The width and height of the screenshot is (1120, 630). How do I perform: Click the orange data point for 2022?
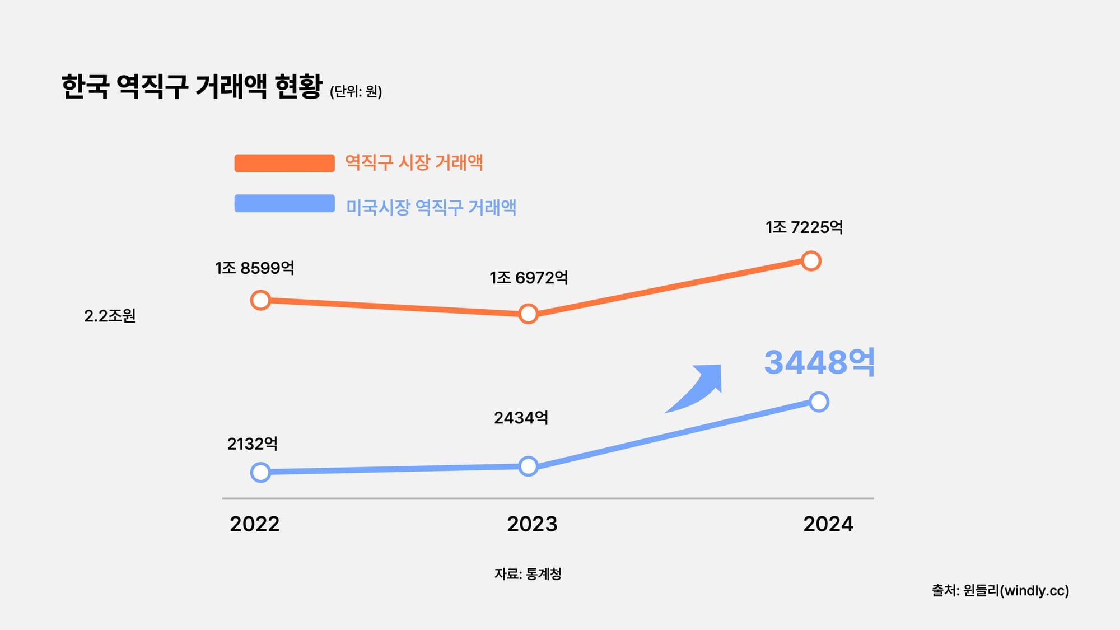tap(260, 300)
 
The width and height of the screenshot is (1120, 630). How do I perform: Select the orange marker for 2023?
tap(528, 314)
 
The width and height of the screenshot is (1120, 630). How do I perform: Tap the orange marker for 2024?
tap(811, 261)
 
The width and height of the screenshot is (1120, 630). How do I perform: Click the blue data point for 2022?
tap(260, 472)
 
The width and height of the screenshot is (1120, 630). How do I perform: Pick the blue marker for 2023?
tap(528, 466)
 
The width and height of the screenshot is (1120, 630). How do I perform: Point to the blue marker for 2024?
tap(819, 402)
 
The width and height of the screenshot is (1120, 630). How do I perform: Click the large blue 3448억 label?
tap(819, 362)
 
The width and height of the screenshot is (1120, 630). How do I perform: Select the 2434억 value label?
tap(521, 418)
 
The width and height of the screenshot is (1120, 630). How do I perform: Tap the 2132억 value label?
tap(252, 444)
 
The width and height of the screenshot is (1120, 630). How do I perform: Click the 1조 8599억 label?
tap(254, 268)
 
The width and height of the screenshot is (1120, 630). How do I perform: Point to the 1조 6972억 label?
tap(528, 278)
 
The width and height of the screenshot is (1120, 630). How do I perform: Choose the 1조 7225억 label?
tap(804, 227)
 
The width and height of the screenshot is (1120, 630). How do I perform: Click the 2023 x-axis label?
tap(532, 524)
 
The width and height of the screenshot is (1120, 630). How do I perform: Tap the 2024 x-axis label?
tap(828, 524)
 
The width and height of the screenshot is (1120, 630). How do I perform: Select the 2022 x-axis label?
tap(254, 524)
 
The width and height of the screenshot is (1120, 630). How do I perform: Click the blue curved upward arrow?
tap(697, 389)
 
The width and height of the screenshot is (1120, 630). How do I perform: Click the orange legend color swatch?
tap(284, 163)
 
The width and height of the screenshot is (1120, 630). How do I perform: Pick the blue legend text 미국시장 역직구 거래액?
tap(431, 207)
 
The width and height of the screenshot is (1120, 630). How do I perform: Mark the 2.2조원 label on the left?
tap(110, 316)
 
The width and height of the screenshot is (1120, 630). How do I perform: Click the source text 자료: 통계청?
tap(528, 573)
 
